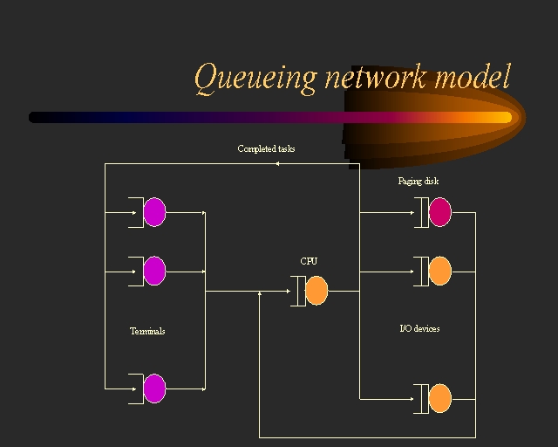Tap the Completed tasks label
pyautogui.click(x=266, y=148)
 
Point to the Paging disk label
pyautogui.click(x=418, y=182)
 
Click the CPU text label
pyautogui.click(x=310, y=261)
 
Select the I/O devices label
pyautogui.click(x=419, y=328)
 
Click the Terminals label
pyautogui.click(x=147, y=331)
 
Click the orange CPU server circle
pyautogui.click(x=316, y=291)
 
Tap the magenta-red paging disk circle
pyautogui.click(x=439, y=212)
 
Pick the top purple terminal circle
pyautogui.click(x=154, y=212)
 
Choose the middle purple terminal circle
pyautogui.click(x=154, y=271)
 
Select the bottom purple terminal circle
pyautogui.click(x=154, y=389)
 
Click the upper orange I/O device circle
pyautogui.click(x=439, y=271)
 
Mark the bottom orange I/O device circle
pyautogui.click(x=439, y=398)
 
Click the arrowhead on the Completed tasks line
pyautogui.click(x=276, y=163)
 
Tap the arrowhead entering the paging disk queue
pyautogui.click(x=413, y=212)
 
